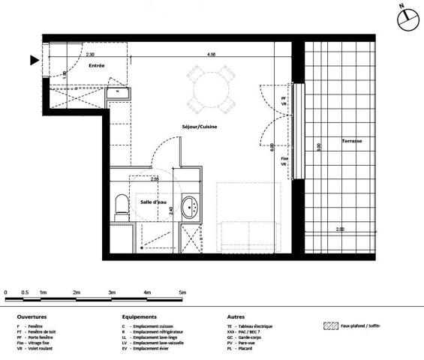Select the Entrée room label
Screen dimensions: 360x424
(97, 67)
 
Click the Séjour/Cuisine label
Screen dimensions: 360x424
(200, 127)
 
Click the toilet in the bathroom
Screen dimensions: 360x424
(121, 206)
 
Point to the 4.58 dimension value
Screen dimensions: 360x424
(212, 55)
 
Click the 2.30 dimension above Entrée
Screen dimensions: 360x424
(89, 55)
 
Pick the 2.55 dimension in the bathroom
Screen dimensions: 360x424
(155, 179)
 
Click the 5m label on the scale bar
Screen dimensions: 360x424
(182, 291)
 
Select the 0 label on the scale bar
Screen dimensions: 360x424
(6, 291)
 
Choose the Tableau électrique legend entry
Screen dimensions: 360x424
(253, 327)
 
